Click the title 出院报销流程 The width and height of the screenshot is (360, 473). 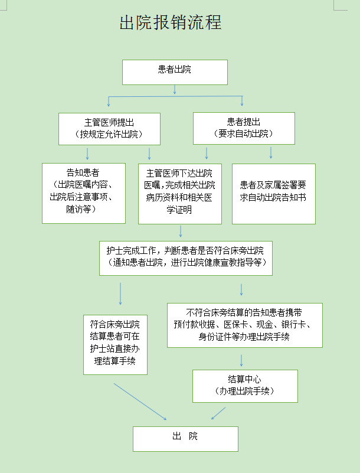click(171, 22)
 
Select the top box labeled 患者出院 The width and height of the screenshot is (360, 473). click(175, 72)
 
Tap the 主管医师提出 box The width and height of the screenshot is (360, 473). click(109, 129)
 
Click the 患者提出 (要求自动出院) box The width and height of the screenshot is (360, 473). click(244, 128)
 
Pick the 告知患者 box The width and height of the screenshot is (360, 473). click(84, 193)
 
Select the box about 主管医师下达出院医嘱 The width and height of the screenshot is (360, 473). click(180, 194)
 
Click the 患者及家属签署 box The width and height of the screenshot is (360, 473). click(274, 194)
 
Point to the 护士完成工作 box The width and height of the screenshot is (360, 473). click(186, 258)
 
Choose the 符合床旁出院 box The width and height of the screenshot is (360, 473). click(116, 345)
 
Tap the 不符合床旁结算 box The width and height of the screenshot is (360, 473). click(245, 325)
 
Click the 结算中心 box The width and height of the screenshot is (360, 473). click(245, 386)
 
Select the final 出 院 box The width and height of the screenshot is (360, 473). click(185, 439)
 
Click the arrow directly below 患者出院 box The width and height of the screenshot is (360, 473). click(175, 89)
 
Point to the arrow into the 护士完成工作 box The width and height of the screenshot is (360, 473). click(181, 231)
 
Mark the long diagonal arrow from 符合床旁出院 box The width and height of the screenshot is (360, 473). click(140, 402)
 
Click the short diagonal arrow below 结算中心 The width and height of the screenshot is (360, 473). click(218, 413)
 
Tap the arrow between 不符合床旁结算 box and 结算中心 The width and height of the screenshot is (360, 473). click(241, 360)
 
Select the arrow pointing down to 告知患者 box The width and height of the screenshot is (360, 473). click(87, 154)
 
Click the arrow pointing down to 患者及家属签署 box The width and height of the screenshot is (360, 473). click(271, 152)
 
